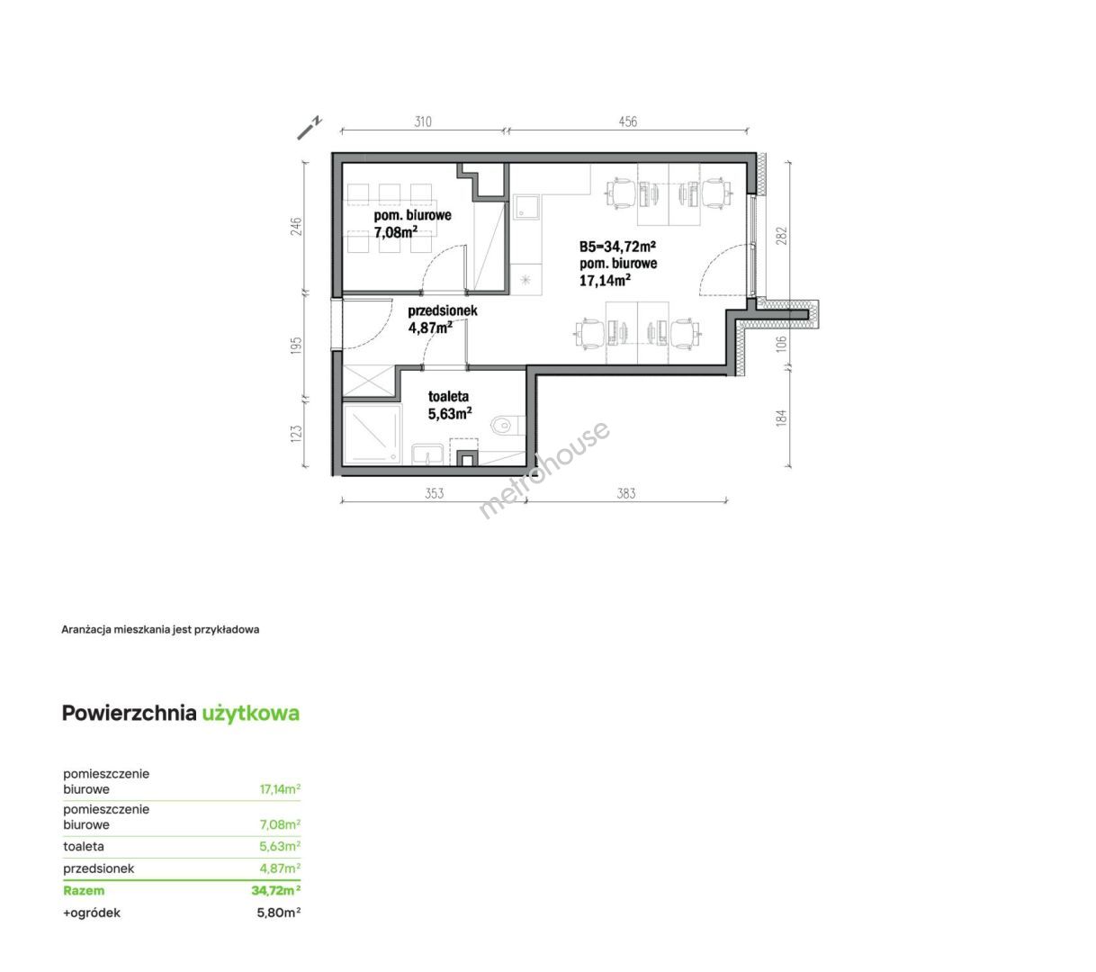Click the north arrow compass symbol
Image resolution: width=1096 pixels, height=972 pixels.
[x=310, y=129]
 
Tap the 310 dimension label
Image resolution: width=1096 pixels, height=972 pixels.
[x=423, y=121]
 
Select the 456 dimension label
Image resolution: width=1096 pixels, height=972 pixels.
[x=627, y=121]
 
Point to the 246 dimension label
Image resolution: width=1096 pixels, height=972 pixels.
[x=296, y=226]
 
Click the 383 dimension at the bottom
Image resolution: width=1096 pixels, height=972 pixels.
[x=626, y=493]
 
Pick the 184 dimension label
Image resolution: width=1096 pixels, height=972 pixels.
[x=781, y=418]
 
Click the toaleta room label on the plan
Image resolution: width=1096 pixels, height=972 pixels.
[x=448, y=396]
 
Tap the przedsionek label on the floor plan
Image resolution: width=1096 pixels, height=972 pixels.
[x=443, y=310]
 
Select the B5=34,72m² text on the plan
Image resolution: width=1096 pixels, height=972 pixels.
[x=617, y=247]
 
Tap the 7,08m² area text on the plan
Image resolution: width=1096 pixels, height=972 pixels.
[x=395, y=232]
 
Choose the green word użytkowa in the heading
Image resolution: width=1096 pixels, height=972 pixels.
[x=250, y=714]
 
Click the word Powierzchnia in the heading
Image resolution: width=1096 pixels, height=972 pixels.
[x=129, y=714]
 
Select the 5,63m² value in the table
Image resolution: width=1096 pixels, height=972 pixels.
[x=280, y=846]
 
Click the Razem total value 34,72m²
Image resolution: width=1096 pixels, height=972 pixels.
[x=276, y=890]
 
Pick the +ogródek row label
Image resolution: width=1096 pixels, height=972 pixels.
[x=92, y=913]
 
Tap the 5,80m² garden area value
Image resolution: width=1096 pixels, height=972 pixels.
[x=279, y=913]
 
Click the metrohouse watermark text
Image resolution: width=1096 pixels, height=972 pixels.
[x=544, y=470]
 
